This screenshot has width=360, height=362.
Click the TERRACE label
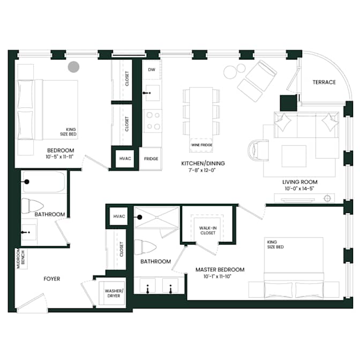(324, 82)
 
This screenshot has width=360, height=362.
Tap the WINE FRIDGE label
(202, 145)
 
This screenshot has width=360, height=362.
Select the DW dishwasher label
(152, 70)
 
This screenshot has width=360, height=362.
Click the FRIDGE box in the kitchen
(151, 159)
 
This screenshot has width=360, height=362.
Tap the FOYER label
(51, 279)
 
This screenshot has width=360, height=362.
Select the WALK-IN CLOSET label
(208, 231)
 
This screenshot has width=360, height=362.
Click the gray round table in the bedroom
(73, 67)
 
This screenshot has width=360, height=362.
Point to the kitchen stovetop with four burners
(153, 121)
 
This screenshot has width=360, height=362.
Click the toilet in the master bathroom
(145, 247)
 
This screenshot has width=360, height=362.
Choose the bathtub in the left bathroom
(44, 182)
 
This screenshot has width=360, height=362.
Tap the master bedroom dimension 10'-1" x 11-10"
(217, 276)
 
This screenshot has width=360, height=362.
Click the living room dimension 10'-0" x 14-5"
(299, 188)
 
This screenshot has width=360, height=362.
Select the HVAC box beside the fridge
(125, 159)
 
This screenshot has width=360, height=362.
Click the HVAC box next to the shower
(119, 216)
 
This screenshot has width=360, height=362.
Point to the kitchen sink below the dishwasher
(153, 93)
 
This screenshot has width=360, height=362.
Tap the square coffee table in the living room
(294, 156)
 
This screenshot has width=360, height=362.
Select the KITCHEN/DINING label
(203, 164)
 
